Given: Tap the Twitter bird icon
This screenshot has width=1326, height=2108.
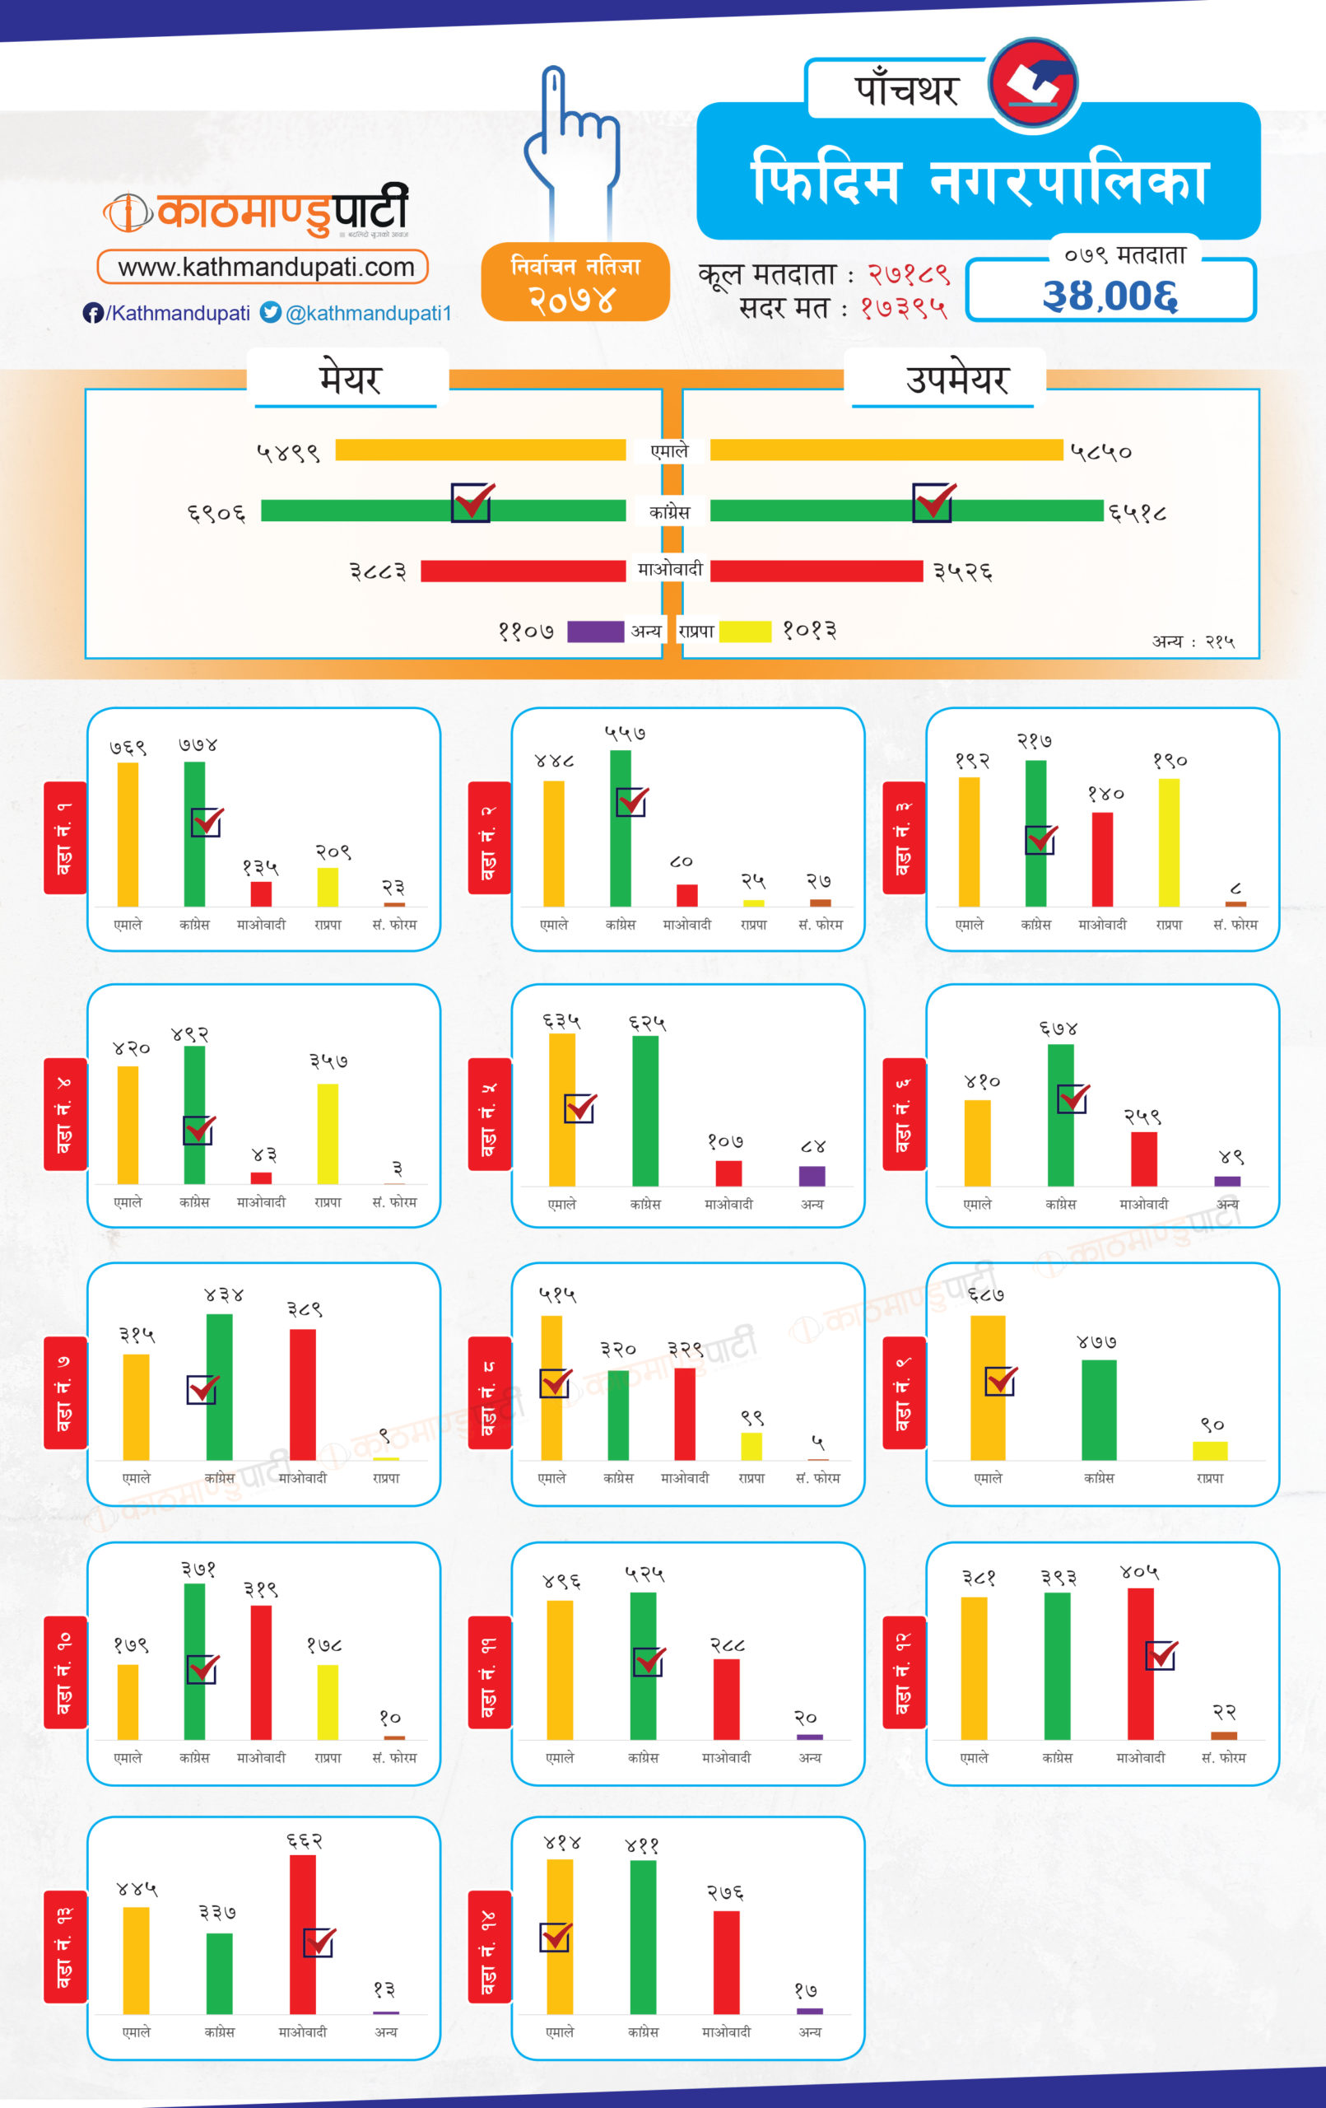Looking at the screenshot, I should [272, 313].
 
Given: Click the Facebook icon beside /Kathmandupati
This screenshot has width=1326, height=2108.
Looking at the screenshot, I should [93, 314].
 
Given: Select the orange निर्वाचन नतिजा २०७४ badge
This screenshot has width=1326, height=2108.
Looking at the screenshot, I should [575, 282].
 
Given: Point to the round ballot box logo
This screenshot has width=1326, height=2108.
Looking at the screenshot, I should [1033, 84].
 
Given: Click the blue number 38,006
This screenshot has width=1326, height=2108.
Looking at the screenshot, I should [1110, 296].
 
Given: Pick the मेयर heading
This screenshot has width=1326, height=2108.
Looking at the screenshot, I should [349, 379].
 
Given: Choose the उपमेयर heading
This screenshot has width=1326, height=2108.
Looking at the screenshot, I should [956, 379].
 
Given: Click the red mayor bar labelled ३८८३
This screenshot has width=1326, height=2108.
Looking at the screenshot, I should [523, 571].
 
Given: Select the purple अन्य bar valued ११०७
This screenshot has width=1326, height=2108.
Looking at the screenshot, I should [595, 632].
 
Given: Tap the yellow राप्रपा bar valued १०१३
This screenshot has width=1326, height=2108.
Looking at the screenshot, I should [745, 632].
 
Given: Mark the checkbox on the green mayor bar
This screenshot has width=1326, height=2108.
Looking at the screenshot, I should [472, 502].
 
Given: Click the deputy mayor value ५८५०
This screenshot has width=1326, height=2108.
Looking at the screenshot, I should [1100, 452].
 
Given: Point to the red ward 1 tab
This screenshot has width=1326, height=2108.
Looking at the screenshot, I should [65, 837].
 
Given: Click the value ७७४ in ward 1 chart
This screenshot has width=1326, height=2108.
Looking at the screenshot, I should [198, 745].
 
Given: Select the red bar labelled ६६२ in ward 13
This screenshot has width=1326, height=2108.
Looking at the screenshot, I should [303, 1935].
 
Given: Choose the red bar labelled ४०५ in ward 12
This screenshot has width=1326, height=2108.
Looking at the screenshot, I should [1140, 1663].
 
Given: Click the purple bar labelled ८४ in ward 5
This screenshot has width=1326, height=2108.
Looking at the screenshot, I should [812, 1176].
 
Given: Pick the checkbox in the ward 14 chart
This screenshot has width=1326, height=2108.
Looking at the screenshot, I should [555, 1938].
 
